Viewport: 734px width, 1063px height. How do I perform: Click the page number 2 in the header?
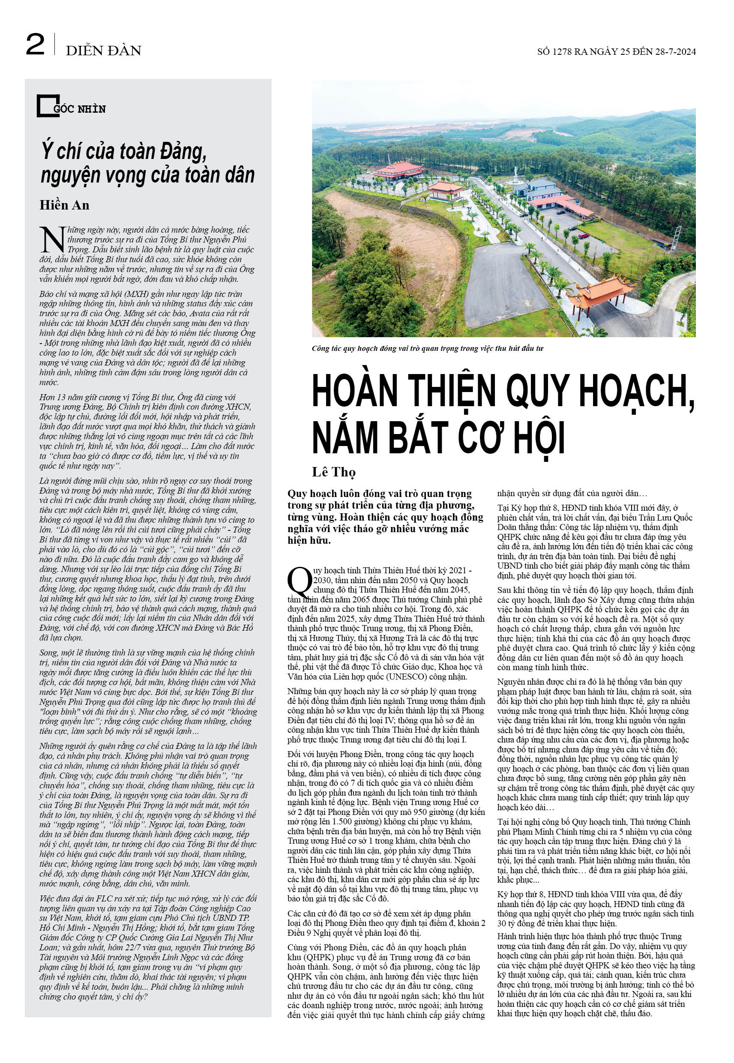coord(35,45)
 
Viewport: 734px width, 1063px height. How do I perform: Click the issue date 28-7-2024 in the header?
coord(676,51)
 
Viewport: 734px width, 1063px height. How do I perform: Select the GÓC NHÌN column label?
coord(80,109)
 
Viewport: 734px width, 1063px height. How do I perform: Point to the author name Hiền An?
coord(64,205)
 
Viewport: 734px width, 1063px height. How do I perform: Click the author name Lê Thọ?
coord(333,472)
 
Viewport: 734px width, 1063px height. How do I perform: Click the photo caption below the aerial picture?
coord(427,348)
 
